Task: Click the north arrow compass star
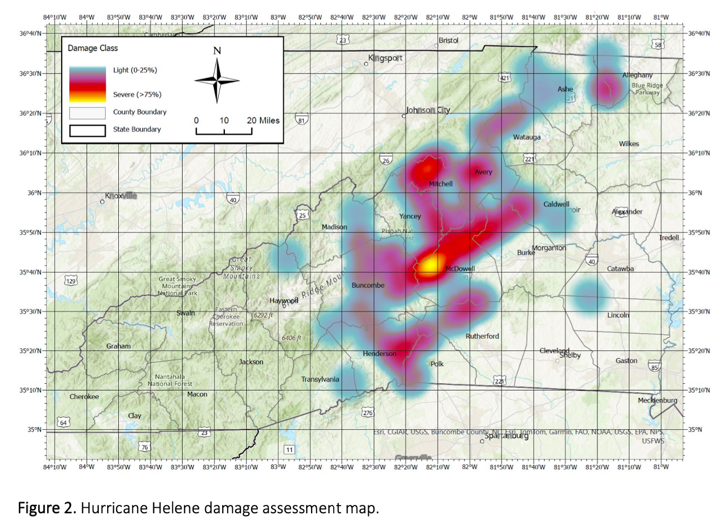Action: (217, 80)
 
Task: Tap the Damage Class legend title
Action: (93, 48)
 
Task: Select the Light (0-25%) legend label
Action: (135, 70)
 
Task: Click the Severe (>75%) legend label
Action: (137, 95)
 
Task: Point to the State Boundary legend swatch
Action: (87, 130)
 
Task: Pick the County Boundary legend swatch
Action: (87, 113)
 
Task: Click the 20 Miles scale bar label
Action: (263, 120)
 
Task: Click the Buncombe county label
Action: (368, 285)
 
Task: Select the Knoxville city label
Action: (121, 196)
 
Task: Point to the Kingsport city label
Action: (385, 58)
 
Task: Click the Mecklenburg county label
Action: (658, 400)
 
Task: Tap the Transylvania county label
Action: (320, 379)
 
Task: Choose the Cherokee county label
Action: (84, 397)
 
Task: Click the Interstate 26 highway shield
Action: (386, 160)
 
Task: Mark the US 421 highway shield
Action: (504, 78)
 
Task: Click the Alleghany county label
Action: (638, 75)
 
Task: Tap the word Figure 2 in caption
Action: (47, 508)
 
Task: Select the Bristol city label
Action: (449, 41)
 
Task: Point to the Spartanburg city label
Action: (507, 435)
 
